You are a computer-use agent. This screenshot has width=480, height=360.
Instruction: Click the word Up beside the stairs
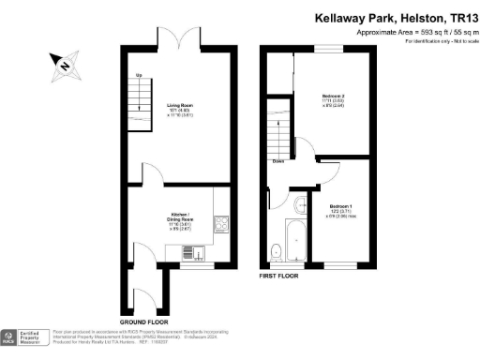pyautogui.click(x=139, y=75)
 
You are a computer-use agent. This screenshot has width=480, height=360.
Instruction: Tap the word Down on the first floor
pyautogui.click(x=278, y=161)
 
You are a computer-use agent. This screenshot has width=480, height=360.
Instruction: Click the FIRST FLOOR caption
pyautogui.click(x=281, y=277)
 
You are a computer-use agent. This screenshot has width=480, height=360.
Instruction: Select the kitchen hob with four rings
pyautogui.click(x=222, y=223)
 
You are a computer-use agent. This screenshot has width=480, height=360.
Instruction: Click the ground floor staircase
pyautogui.click(x=139, y=98)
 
